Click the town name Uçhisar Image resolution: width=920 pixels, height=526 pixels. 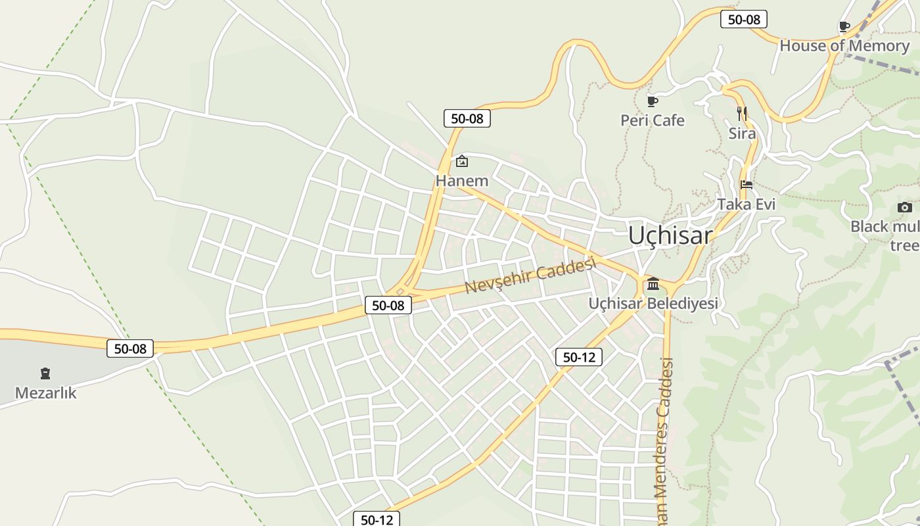[670, 235]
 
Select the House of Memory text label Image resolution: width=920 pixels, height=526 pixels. [844, 46]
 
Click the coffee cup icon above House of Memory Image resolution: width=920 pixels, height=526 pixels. [844, 27]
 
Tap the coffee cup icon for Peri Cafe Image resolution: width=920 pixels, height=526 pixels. [652, 101]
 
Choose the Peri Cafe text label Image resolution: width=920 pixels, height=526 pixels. [652, 120]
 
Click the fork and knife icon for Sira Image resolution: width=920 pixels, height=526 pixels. [742, 114]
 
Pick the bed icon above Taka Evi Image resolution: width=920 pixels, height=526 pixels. [746, 185]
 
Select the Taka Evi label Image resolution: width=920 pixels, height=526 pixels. [746, 204]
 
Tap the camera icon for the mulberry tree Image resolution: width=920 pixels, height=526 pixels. [904, 208]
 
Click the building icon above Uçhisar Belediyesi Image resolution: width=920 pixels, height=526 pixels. [653, 284]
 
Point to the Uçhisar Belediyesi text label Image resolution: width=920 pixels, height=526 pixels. [653, 303]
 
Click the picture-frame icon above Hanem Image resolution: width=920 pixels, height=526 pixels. [462, 161]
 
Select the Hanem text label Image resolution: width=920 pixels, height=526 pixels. [462, 181]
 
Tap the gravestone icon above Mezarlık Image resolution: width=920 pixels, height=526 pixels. [45, 374]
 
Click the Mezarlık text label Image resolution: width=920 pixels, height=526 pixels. [45, 393]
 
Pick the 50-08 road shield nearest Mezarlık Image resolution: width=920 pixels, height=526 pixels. [130, 348]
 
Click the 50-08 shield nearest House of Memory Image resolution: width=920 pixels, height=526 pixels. [743, 19]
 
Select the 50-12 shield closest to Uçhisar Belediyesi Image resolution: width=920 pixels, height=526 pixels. [578, 357]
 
